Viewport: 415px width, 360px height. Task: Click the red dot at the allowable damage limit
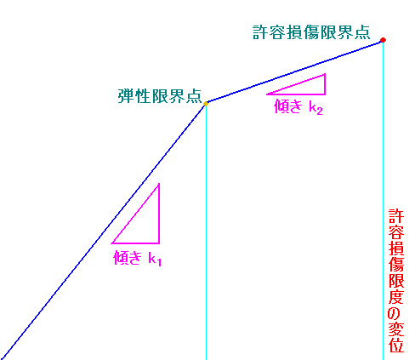point(383,40)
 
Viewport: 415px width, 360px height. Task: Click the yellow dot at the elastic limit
point(206,104)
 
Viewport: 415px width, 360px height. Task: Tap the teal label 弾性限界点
point(160,96)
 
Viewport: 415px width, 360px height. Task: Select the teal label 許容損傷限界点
point(311,32)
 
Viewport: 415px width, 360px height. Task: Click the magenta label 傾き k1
point(138,258)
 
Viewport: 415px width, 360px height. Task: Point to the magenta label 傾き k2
point(298,107)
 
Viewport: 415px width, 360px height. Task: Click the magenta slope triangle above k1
point(159,214)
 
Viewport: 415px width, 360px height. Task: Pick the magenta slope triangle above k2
point(325,84)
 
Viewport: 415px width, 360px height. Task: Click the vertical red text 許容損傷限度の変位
point(396,281)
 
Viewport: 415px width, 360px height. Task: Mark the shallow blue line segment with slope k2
point(294,71)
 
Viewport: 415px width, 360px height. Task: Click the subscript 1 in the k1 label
point(159,262)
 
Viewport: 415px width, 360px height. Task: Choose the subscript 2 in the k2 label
point(320,111)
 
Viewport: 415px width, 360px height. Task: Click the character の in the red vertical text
point(396,313)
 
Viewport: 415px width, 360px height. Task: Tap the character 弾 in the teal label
point(126,96)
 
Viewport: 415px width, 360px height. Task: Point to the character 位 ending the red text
point(396,346)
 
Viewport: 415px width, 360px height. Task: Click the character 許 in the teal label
point(260,32)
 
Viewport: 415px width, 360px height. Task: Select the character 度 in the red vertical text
point(396,297)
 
